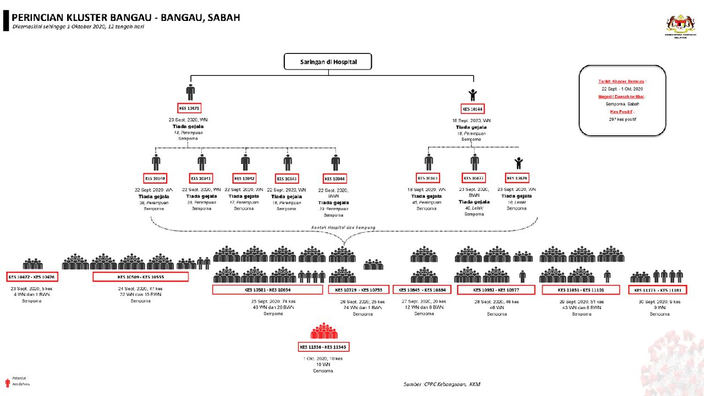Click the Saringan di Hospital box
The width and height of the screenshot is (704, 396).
click(328, 62)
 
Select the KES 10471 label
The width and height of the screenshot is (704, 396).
click(190, 108)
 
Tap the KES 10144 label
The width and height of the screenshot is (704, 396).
click(472, 109)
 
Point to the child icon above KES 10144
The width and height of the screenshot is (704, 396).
click(472, 94)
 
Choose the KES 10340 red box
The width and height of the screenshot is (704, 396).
click(155, 178)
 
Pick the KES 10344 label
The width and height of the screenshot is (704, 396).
click(335, 179)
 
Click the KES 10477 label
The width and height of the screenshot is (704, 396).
click(474, 178)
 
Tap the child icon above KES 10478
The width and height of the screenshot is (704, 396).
click(518, 163)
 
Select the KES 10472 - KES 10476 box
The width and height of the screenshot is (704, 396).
click(32, 277)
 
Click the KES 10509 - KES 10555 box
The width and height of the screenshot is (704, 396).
click(140, 277)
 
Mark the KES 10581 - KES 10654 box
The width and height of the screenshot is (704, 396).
click(267, 290)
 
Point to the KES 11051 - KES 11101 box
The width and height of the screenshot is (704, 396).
click(581, 290)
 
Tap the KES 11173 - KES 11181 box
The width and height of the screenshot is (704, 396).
click(657, 290)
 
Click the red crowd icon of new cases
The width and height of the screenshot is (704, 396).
click(323, 332)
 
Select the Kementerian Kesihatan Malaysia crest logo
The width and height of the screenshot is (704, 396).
click(680, 24)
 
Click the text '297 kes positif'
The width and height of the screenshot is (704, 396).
click(621, 119)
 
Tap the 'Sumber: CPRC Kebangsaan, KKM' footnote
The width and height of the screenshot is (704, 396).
click(442, 384)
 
